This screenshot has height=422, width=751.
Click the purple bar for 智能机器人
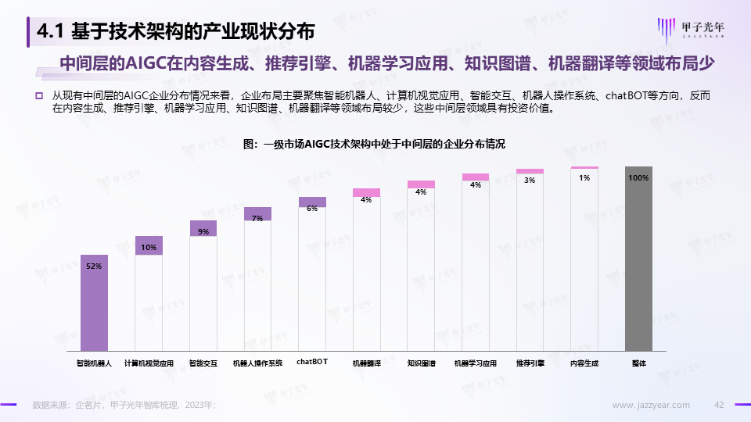[94, 305]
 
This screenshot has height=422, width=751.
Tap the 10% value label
[149, 248]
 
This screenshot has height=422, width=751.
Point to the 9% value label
[203, 231]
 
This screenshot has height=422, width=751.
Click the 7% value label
[257, 218]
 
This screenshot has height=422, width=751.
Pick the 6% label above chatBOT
[312, 208]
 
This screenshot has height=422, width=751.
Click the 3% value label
[530, 181]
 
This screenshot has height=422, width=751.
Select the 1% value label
[584, 178]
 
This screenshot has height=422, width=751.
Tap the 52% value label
[94, 266]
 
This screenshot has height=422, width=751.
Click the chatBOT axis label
[312, 362]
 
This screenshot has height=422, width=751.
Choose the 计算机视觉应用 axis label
[149, 363]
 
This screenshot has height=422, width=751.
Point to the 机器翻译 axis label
[366, 363]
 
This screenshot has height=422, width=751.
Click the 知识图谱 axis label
[421, 363]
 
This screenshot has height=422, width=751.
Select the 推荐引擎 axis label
[530, 363]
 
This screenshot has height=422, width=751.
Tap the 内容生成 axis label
[584, 363]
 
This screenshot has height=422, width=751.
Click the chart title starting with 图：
[375, 144]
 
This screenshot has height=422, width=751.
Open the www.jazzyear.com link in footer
[651, 405]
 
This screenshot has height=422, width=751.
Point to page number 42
[720, 405]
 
